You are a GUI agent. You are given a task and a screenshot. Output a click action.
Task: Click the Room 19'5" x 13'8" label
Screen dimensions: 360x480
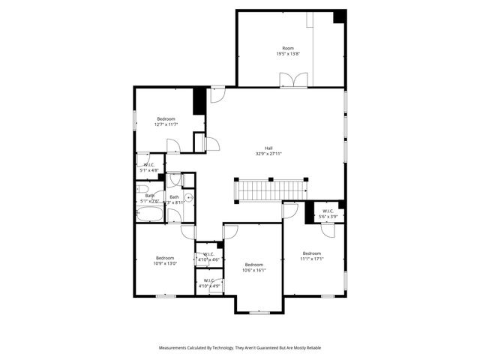[288, 51]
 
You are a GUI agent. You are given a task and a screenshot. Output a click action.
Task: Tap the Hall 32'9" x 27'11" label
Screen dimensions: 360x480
[268, 150]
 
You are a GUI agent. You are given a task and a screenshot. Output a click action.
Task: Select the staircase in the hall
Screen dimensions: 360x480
[270, 190]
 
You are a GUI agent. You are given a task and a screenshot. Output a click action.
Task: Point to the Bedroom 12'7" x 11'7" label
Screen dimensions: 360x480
[166, 121]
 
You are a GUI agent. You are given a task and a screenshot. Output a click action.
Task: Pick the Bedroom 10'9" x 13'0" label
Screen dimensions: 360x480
[166, 259]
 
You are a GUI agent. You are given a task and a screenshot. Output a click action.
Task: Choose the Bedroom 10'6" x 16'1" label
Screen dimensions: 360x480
[254, 267]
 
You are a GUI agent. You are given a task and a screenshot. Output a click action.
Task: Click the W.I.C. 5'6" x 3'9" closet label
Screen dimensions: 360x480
[328, 214]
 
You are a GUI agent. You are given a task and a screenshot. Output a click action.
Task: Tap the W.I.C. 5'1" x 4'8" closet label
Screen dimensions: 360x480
[149, 167]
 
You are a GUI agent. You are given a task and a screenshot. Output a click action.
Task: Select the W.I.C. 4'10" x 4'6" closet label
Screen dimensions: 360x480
[209, 256]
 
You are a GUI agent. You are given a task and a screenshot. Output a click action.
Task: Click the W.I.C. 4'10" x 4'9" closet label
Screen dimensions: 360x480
[209, 283]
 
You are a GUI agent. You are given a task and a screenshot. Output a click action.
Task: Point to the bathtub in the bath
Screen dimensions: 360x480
[149, 215]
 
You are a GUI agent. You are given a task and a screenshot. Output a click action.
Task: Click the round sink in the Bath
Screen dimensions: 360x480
[189, 198]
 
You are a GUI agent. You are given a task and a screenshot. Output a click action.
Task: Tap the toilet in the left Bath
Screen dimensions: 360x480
[143, 188]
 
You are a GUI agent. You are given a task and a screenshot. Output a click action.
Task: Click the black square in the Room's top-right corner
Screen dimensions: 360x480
[340, 16]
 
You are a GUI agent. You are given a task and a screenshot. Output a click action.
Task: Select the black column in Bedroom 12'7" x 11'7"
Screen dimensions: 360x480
[199, 101]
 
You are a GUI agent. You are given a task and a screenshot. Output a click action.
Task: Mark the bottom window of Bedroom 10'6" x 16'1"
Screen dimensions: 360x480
[259, 313]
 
